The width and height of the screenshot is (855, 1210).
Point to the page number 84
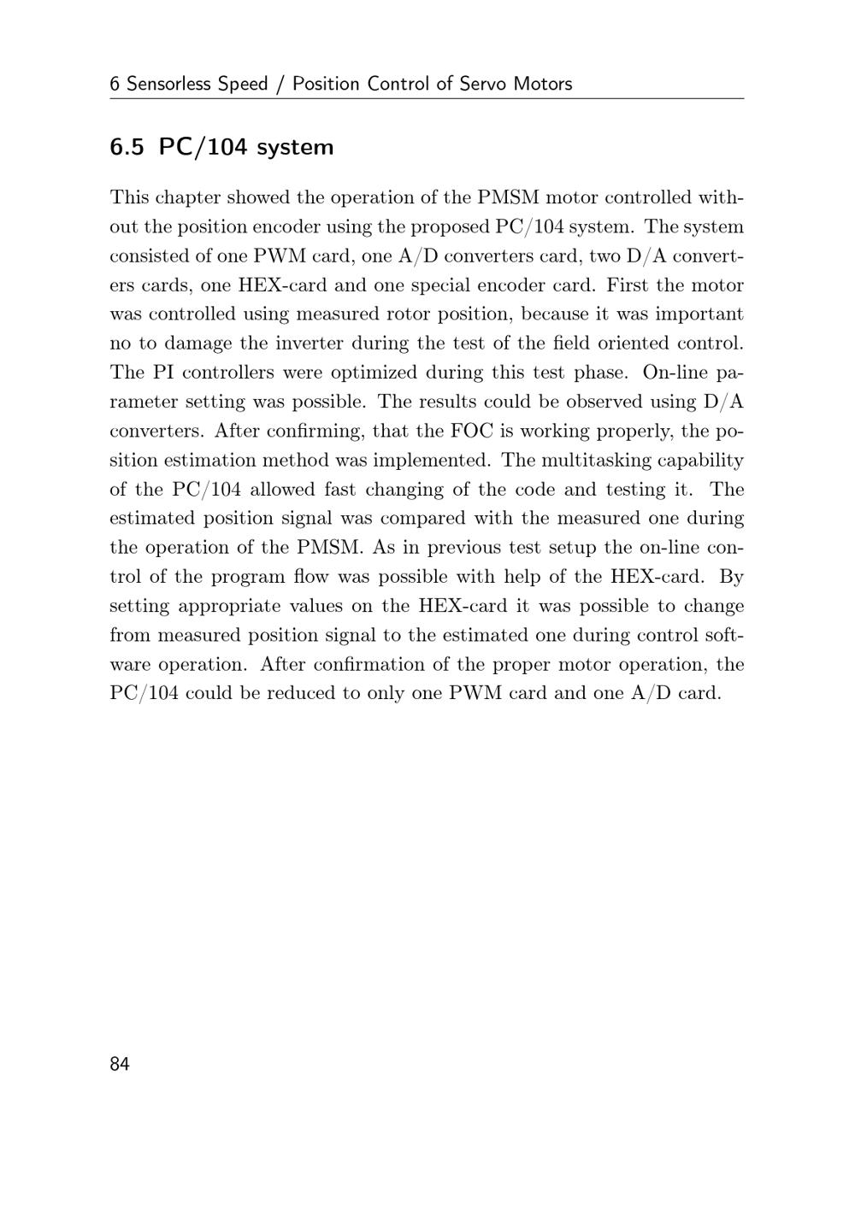point(120,1064)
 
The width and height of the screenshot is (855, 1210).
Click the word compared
point(420,518)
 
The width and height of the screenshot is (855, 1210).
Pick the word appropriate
point(229,606)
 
